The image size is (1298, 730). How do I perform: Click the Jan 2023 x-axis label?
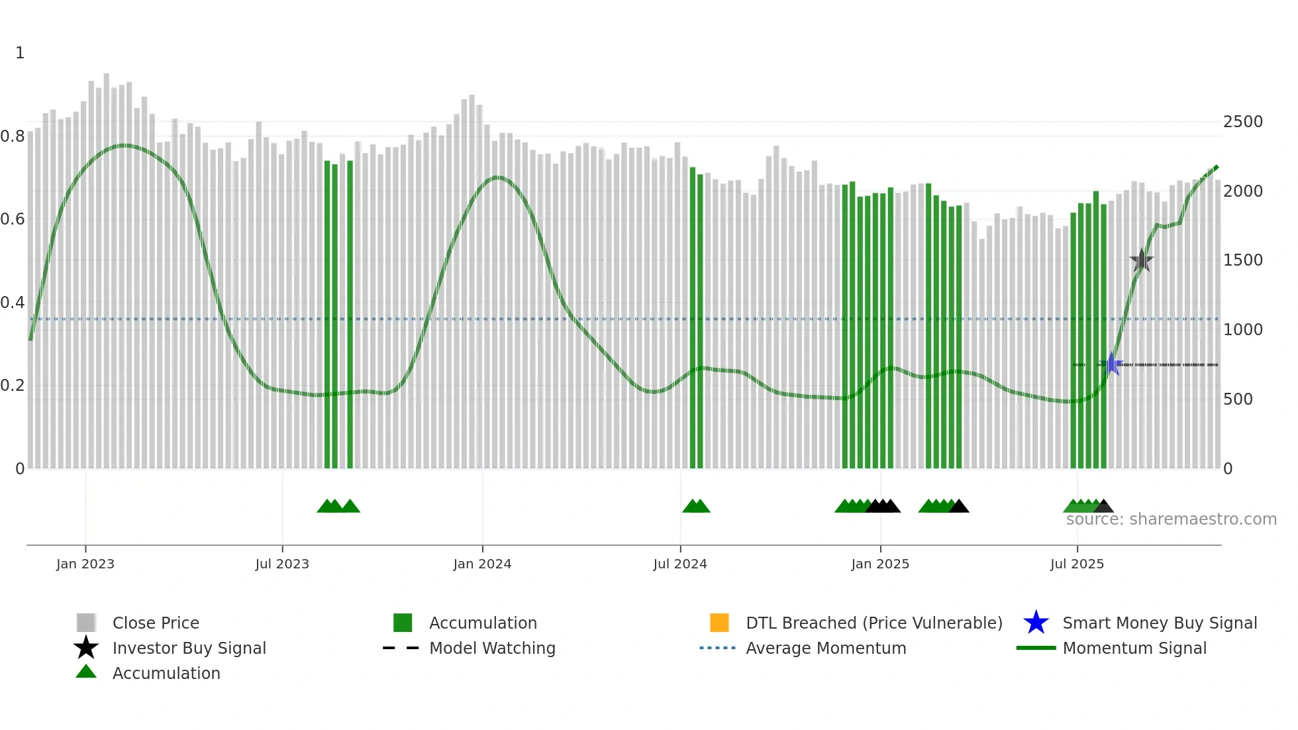pos(85,564)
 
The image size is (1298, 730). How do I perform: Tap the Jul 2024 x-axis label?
pos(679,564)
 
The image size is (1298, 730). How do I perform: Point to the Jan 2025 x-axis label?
pos(879,564)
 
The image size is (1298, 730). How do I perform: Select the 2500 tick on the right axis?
pos(1242,122)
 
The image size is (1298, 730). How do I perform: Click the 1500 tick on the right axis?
pos(1242,260)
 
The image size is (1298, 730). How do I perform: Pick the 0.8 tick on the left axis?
pos(13,136)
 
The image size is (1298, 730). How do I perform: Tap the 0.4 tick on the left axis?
pos(13,303)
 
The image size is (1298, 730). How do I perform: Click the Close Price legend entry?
pos(156,623)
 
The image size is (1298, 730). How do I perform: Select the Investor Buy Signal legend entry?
pos(189,648)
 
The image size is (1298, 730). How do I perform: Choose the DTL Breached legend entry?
pos(874,623)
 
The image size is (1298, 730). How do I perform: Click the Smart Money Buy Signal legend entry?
pos(1159,623)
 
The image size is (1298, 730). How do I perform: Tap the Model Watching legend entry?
pos(492,648)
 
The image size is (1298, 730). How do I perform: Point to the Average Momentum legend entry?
pos(826,648)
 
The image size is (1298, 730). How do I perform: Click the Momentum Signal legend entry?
pos(1134,648)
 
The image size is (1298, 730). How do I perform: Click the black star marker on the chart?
pos(1141,260)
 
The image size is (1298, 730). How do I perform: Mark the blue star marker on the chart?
pos(1111,364)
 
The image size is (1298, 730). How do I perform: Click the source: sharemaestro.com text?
pos(1171,519)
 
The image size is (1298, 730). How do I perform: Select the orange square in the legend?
pos(719,623)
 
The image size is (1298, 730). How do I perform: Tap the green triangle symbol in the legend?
pos(86,672)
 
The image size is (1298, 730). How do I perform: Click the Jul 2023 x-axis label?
pos(282,564)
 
